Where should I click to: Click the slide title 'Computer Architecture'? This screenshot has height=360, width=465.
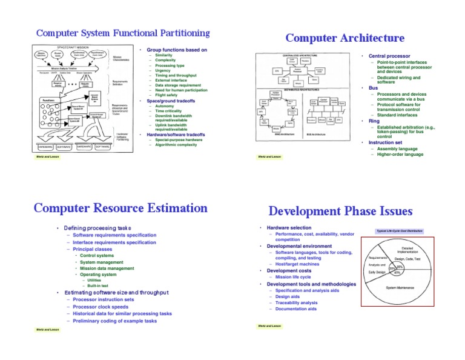click(345, 38)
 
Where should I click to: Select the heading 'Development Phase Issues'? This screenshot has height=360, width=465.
click(340, 212)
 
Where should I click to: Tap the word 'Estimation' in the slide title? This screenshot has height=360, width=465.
click(178, 208)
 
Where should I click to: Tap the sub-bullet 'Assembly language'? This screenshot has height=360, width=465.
click(397, 148)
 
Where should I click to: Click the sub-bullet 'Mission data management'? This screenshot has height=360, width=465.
click(107, 268)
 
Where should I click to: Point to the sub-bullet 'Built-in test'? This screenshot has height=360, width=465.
click(98, 285)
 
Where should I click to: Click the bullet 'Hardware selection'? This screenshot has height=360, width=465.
click(288, 228)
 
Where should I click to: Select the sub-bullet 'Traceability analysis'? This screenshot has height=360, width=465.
click(296, 302)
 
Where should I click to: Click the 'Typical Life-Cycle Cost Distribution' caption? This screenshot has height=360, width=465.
click(399, 231)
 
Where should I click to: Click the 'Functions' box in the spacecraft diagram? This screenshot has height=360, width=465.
click(50, 100)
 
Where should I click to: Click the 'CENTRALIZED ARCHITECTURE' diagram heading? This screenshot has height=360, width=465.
click(300, 55)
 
